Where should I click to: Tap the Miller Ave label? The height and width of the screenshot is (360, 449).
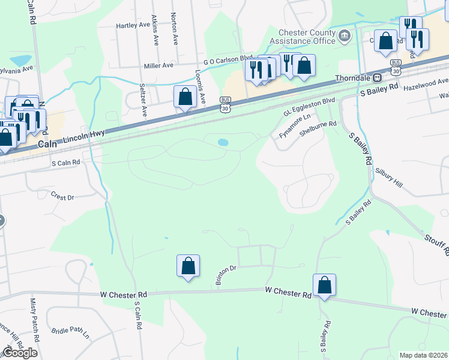pyautogui.click(x=158, y=65)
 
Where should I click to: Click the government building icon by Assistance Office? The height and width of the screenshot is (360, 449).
pyautogui.click(x=345, y=37)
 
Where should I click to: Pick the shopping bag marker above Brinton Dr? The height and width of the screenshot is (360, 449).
pyautogui.click(x=188, y=266)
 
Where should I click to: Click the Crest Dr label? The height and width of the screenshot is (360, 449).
pyautogui.click(x=62, y=196)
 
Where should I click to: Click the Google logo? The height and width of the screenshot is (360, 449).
pyautogui.click(x=19, y=353)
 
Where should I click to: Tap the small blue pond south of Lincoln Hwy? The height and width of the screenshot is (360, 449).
pyautogui.click(x=223, y=143)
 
